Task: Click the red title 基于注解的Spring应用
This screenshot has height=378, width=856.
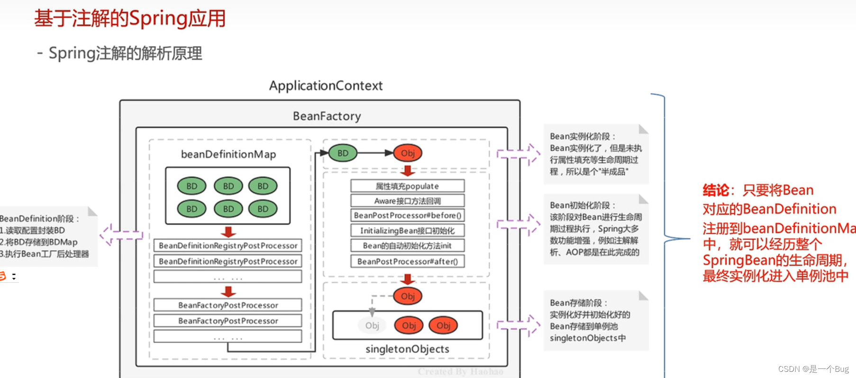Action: tap(129, 19)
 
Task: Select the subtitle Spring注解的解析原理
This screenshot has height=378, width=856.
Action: tap(125, 53)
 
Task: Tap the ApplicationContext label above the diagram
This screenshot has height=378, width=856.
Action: tap(326, 86)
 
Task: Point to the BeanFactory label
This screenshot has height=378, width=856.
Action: tap(327, 116)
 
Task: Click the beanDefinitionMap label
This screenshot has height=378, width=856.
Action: tap(228, 154)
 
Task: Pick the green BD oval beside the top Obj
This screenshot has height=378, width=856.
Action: tap(343, 153)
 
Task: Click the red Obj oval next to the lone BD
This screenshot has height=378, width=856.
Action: tap(408, 153)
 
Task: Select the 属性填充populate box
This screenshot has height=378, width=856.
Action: tap(407, 186)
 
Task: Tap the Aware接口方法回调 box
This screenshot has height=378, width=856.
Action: tap(407, 201)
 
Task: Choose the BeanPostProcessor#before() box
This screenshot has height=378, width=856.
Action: tap(407, 216)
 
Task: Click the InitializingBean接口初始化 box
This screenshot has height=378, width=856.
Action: tap(407, 231)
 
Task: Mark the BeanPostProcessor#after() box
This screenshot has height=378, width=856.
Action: tap(407, 261)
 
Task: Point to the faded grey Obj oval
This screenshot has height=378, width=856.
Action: tap(372, 325)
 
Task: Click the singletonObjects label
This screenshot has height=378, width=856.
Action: tap(407, 349)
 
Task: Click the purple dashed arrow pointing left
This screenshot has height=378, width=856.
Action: tap(121, 234)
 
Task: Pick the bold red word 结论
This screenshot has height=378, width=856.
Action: tap(716, 190)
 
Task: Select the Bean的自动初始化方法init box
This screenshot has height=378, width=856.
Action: tap(407, 246)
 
